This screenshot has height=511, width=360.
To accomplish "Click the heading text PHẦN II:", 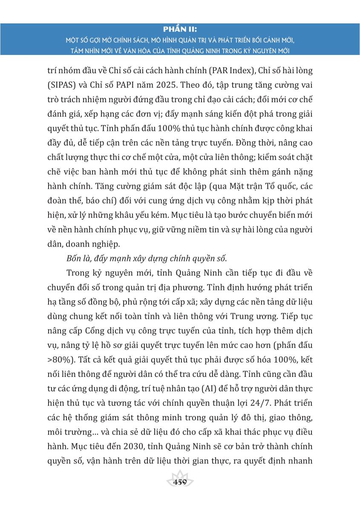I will click(x=180, y=29).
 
